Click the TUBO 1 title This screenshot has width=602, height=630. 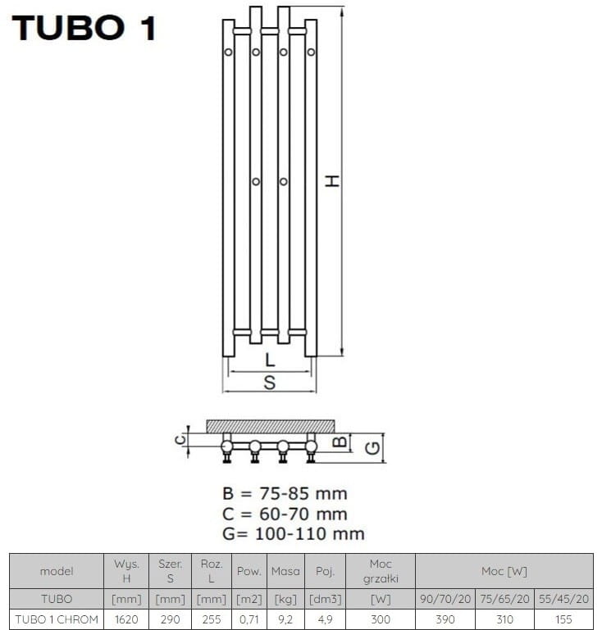coord(84,28)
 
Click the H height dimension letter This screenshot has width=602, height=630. coord(332,181)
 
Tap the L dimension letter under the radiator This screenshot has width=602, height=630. coord(270,360)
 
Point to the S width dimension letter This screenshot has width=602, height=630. coord(270,383)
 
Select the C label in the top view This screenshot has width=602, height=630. coord(180,440)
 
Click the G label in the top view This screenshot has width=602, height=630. coord(372,448)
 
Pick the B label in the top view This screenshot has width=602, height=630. coord(340,442)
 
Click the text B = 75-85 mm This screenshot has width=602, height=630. coord(285,493)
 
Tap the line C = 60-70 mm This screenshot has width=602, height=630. coord(285,514)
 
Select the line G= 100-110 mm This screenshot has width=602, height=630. coord(294,534)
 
